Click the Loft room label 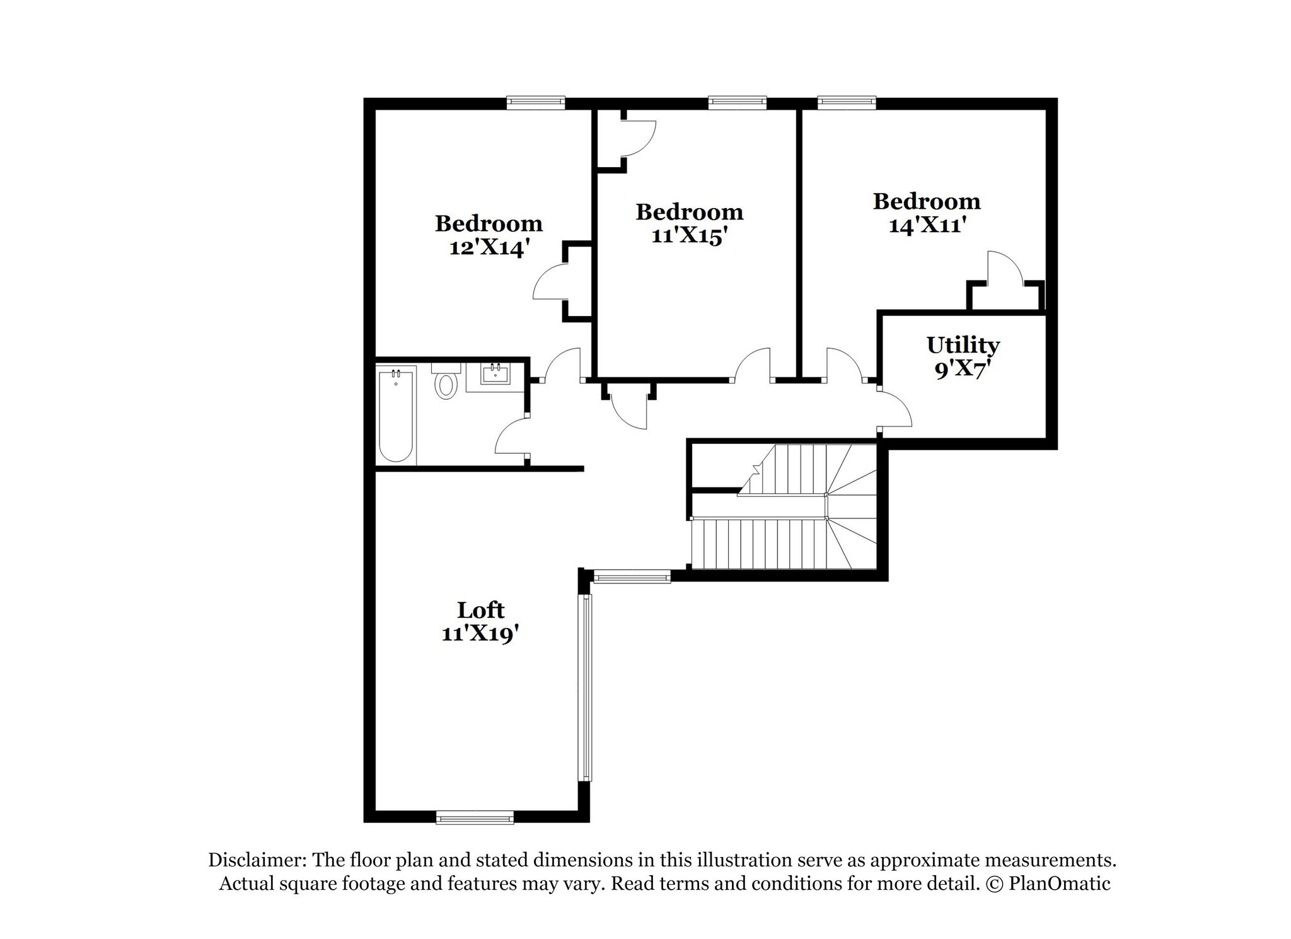point(480,610)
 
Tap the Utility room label point(963,345)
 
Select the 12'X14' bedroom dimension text point(488,248)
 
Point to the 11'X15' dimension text point(689,236)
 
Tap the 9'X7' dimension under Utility point(959,369)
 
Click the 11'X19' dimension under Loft point(480,633)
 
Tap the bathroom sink point(495,375)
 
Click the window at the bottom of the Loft point(475,818)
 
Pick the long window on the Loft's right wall point(586,688)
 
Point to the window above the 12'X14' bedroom point(536,102)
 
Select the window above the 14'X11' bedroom point(847,102)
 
